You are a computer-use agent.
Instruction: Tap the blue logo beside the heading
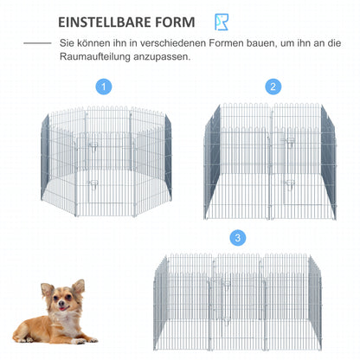[223, 21]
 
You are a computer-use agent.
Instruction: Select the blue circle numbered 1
[104, 87]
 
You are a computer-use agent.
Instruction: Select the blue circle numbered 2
[273, 87]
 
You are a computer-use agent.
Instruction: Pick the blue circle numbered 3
[237, 237]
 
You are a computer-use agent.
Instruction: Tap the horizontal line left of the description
[36, 42]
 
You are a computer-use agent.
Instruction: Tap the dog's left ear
[79, 286]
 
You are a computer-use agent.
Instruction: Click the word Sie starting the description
[67, 42]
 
